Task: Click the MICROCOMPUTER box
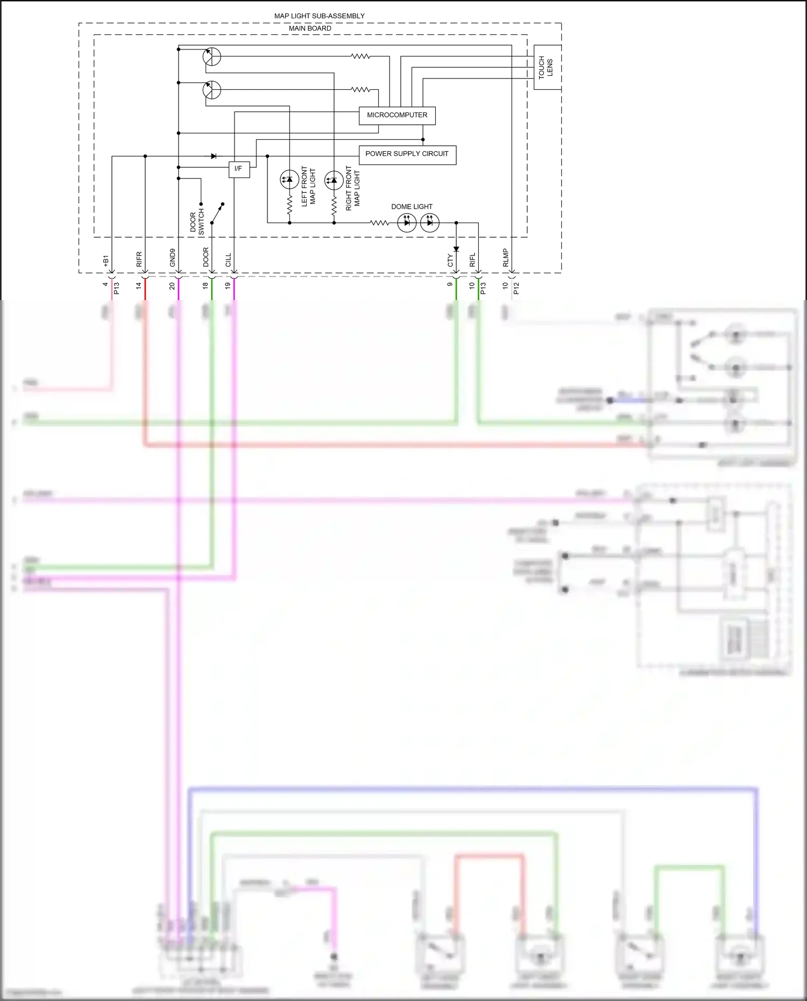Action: click(397, 115)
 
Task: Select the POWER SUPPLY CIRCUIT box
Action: click(407, 154)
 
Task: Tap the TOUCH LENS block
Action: click(547, 67)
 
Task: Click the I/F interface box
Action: click(239, 169)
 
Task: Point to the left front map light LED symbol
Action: click(289, 180)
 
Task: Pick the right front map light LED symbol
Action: click(334, 180)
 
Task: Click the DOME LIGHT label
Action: click(412, 207)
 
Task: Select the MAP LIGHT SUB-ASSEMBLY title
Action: click(319, 16)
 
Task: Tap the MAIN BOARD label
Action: click(310, 29)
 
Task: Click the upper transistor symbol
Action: click(212, 56)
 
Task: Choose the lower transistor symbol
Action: click(212, 90)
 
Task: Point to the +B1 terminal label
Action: click(106, 260)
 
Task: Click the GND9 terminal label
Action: click(173, 257)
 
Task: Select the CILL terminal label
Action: click(228, 260)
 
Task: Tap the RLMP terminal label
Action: click(506, 257)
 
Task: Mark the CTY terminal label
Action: click(450, 260)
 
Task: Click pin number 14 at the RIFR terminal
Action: click(139, 286)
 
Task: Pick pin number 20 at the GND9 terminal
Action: click(172, 286)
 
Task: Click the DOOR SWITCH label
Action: click(197, 222)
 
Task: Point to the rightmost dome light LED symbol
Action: click(429, 223)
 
